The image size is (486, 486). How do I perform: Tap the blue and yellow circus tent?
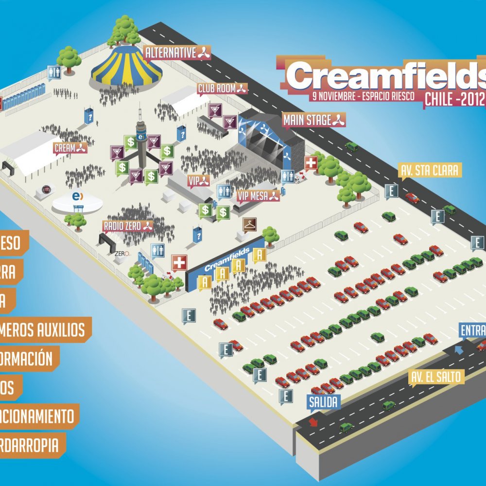coord(126,66)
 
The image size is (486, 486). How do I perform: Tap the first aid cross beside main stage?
coord(311,163)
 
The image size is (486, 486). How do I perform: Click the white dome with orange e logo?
coord(76,199)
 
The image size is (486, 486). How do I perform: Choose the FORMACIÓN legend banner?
coord(29,359)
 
